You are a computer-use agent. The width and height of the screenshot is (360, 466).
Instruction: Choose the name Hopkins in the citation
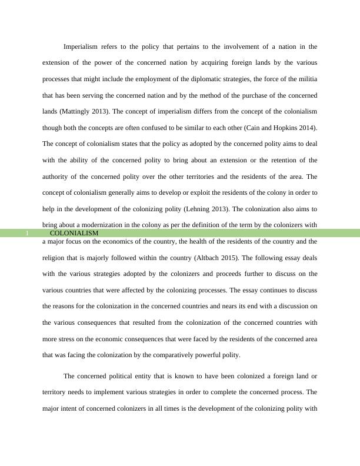click(x=274, y=128)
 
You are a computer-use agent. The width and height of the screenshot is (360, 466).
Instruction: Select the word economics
click(x=132, y=241)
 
